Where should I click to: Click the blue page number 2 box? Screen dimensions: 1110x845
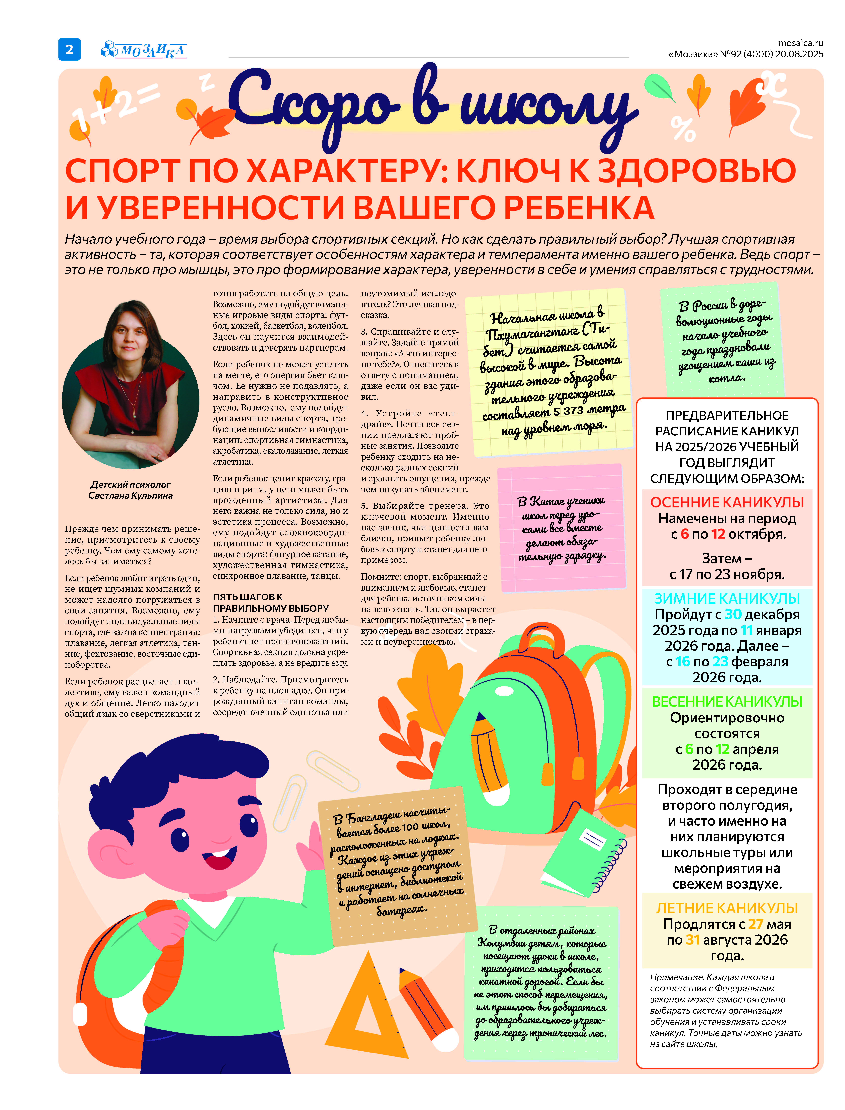click(69, 49)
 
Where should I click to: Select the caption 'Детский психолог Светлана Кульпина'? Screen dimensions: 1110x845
click(130, 490)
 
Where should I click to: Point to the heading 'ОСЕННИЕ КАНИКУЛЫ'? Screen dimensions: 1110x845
click(727, 502)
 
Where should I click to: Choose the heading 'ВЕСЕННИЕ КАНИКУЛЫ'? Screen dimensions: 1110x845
click(727, 701)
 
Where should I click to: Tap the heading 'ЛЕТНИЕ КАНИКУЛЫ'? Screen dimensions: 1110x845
click(727, 908)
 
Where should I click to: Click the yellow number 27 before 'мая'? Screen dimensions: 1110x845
click(756, 924)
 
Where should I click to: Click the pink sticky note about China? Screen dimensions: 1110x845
click(562, 528)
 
